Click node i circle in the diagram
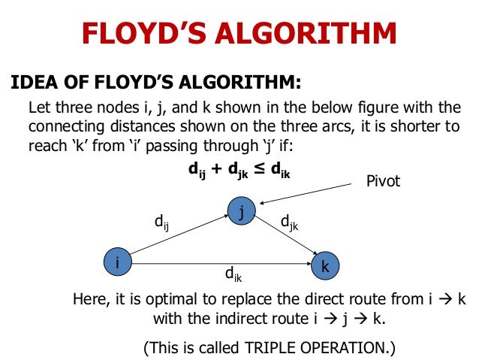tap(117, 262)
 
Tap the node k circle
tap(324, 266)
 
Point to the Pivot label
tap(384, 182)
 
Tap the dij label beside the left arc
tap(161, 222)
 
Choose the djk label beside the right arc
tap(289, 222)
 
